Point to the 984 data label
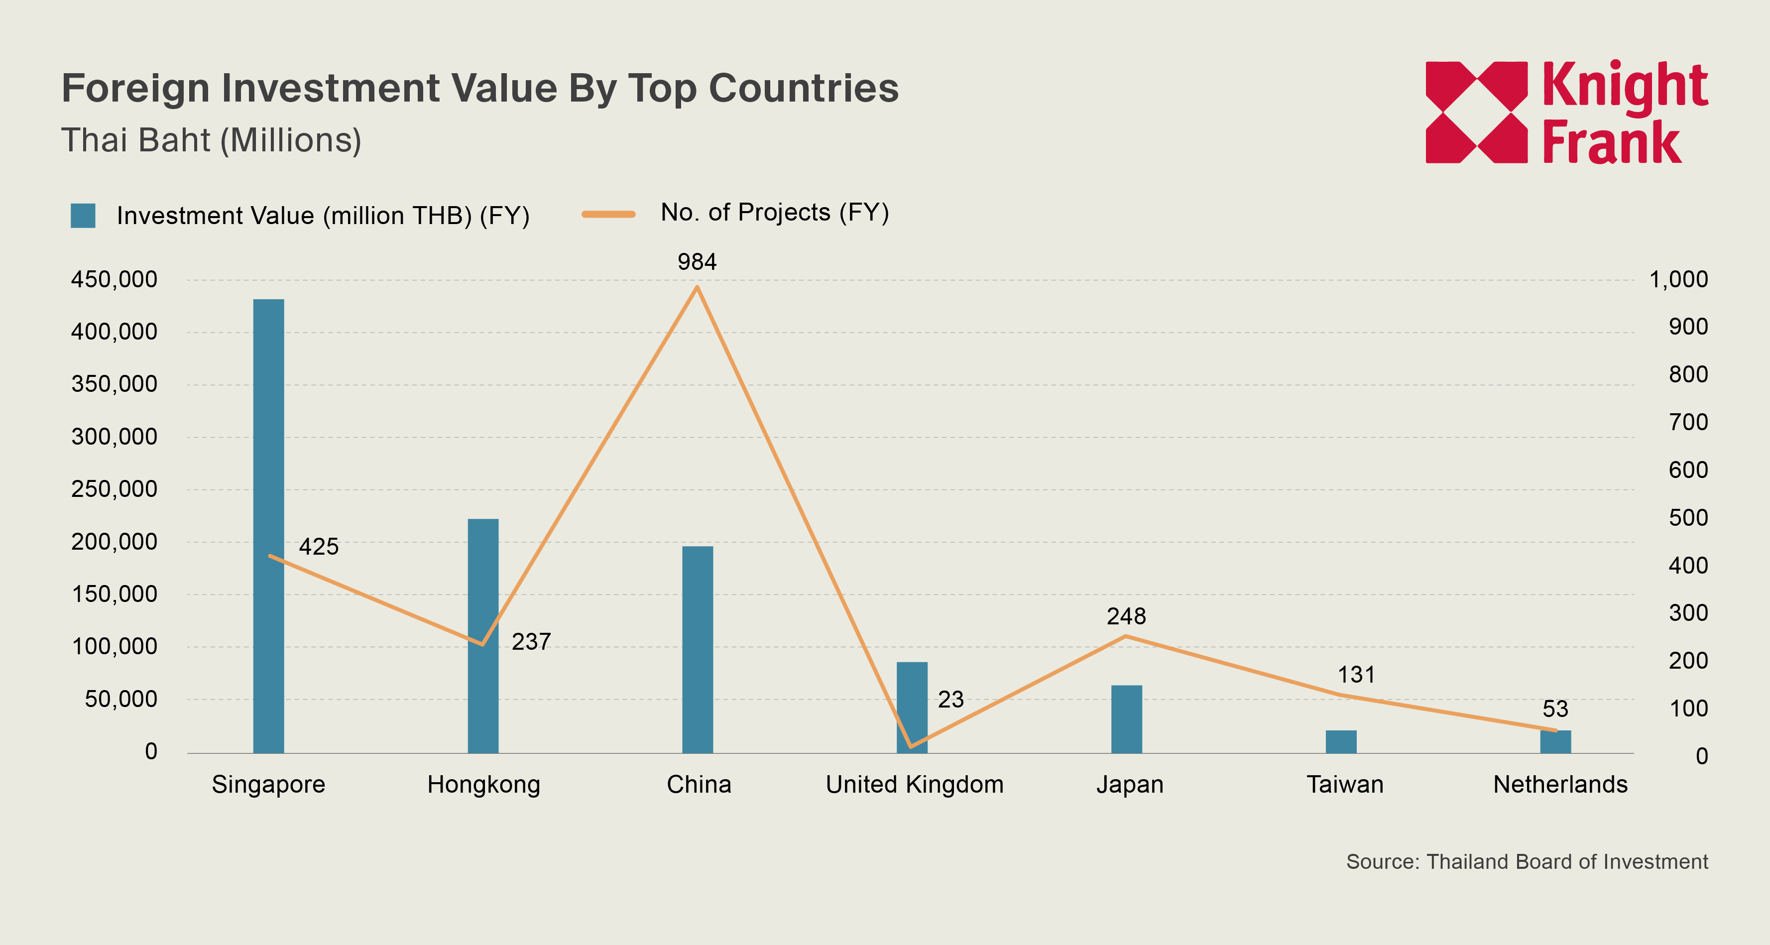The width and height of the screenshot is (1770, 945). coord(697,262)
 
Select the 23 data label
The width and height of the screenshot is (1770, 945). coord(950,700)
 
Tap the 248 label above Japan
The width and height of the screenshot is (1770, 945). coord(1126,616)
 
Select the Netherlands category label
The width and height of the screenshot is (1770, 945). coord(1560,784)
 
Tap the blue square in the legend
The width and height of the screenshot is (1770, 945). coord(83,216)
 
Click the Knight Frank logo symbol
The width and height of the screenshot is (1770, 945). coord(1476,112)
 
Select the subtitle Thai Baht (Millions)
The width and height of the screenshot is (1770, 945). coord(211,140)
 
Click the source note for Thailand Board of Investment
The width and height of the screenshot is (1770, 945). coord(1526,862)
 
